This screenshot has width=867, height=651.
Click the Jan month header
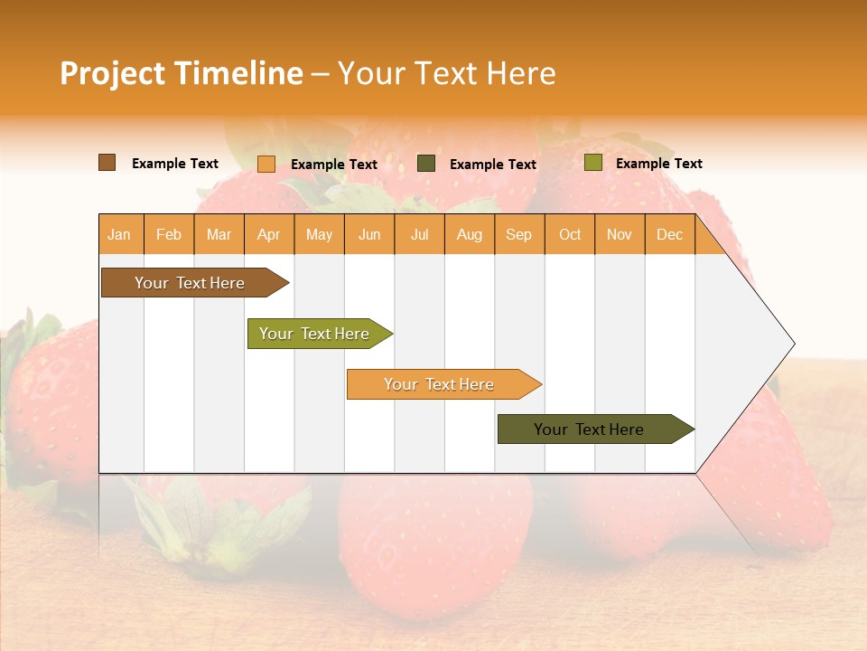coord(119,234)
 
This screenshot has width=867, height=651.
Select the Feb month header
coord(169,234)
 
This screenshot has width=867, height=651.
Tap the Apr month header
coord(268,234)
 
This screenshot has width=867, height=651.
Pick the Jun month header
coord(369,234)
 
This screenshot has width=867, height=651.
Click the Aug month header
coord(469,234)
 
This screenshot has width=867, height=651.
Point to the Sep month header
coord(518,234)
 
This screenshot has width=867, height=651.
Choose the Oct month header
coord(570,234)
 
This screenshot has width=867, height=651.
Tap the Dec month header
coord(669,234)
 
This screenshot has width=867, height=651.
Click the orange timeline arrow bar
coord(440,384)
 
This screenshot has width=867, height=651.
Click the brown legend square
coord(107,163)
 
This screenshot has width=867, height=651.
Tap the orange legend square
coord(266,164)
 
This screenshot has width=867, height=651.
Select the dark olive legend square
coord(426,164)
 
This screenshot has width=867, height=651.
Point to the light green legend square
coord(592,163)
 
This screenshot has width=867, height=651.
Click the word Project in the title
coord(112,73)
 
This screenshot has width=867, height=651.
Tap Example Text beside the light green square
coord(658,164)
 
